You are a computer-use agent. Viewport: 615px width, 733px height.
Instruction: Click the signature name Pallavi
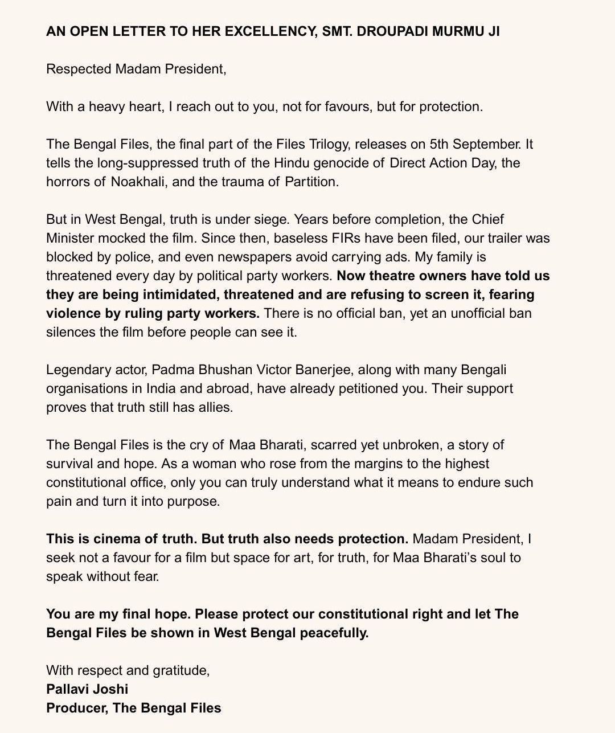click(67, 689)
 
